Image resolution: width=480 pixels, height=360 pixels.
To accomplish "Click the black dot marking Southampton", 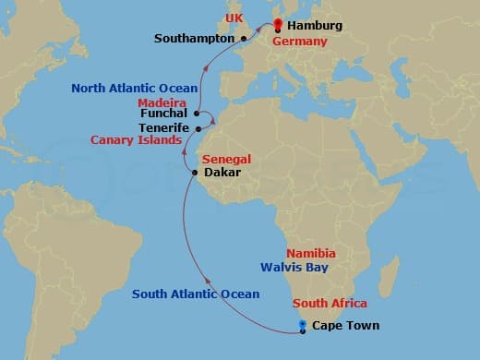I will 244,39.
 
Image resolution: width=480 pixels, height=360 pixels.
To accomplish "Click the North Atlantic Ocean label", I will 134,89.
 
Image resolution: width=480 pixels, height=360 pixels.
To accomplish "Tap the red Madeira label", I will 162,102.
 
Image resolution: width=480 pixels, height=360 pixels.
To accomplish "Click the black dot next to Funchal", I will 197,114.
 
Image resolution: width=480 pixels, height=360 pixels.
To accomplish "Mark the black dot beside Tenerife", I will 198,128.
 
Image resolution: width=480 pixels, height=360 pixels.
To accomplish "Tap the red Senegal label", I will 226,160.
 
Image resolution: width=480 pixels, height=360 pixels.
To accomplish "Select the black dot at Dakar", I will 194,173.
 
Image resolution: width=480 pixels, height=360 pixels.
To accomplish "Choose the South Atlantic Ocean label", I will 196,294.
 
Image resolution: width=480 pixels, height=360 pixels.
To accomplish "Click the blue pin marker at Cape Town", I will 302,325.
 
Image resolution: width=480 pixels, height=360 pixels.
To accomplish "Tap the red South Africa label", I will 330,304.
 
